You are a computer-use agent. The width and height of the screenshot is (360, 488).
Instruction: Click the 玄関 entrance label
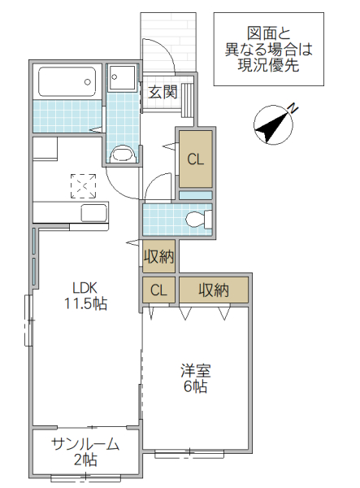point(163,91)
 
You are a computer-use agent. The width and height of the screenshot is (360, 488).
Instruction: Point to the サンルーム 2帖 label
point(85,451)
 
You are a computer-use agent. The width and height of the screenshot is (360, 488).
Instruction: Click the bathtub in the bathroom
point(67,81)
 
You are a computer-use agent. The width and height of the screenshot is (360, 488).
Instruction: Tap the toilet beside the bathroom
point(121,153)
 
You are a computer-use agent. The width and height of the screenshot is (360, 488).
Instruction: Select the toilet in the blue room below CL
point(197,219)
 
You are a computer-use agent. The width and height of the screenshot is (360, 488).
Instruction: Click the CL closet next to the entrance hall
point(196,159)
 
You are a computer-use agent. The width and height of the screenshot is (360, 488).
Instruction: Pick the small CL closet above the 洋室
point(159,290)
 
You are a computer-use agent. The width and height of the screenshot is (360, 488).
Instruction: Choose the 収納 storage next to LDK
point(159,257)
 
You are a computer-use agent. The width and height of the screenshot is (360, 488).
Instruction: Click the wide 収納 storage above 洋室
point(213,290)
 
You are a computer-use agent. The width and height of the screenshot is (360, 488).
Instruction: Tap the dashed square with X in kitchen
point(83,186)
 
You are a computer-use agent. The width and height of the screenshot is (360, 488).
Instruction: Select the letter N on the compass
point(293,107)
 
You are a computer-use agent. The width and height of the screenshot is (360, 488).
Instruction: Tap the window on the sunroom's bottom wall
point(85,477)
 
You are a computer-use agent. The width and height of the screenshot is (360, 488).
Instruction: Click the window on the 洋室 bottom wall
point(189,452)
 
